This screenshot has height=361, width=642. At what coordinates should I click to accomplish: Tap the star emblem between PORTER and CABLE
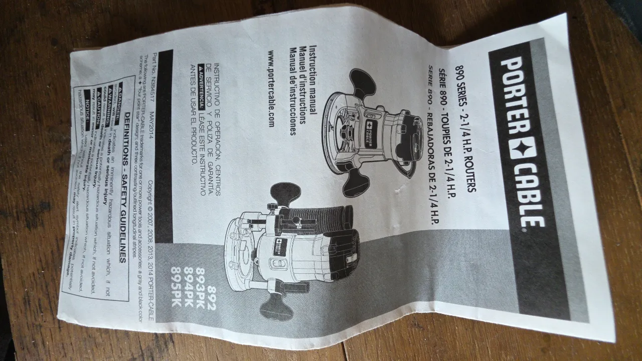click(x=517, y=148)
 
